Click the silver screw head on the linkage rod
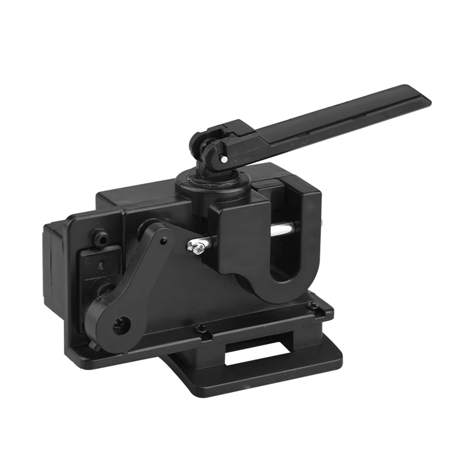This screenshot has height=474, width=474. (x=197, y=246)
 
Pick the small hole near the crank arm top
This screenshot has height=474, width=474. (x=163, y=241)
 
